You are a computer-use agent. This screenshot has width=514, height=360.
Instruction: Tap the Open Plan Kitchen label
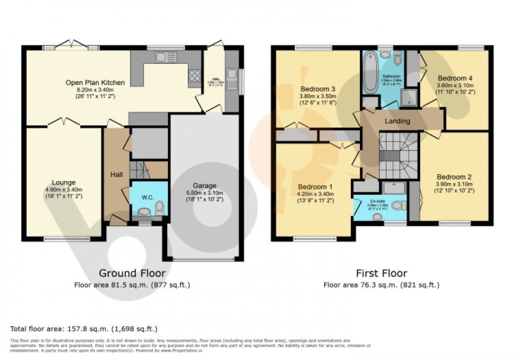(95, 82)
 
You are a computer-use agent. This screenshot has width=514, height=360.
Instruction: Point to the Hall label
(116, 174)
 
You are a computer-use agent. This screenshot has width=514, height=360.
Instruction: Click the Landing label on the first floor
(397, 121)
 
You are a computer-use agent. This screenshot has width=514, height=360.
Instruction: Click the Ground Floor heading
(132, 273)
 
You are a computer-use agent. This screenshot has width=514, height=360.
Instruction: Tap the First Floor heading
(381, 273)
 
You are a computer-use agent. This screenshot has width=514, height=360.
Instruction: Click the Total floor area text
(84, 329)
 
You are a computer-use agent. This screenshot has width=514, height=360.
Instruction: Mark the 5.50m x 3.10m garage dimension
(205, 193)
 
